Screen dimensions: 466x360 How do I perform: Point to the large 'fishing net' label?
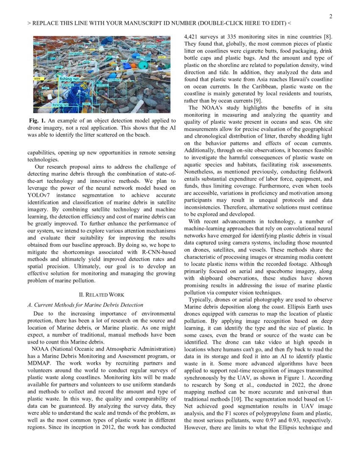[x=69, y=79]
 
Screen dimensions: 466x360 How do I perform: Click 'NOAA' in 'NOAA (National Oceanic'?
[x=40, y=349]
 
